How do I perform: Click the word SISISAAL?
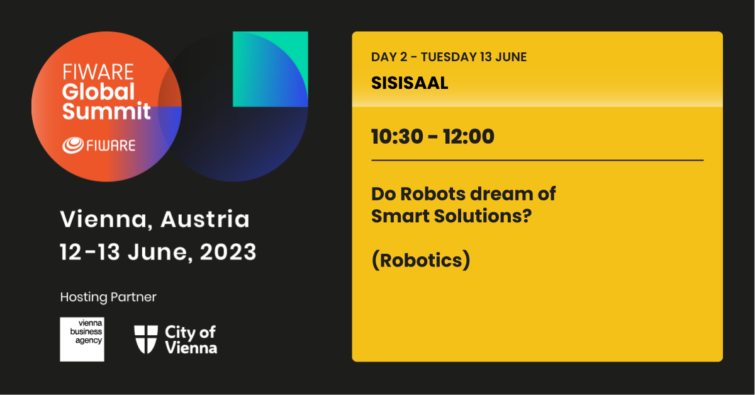point(410,83)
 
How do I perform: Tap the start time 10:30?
point(397,137)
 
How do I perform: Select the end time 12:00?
point(469,137)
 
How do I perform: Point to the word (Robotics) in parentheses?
point(421,260)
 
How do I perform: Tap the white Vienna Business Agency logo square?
point(82,340)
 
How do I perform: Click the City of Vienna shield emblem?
point(146,340)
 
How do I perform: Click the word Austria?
point(205,219)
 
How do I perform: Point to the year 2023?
point(228,252)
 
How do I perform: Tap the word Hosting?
point(84,297)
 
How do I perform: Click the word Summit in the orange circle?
point(106,111)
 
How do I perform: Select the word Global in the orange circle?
point(98,91)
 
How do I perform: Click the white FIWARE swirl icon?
point(73,146)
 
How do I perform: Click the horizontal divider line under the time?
point(537,161)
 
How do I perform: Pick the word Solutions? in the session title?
point(483,216)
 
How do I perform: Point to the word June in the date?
point(157,252)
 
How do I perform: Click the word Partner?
point(133,297)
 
